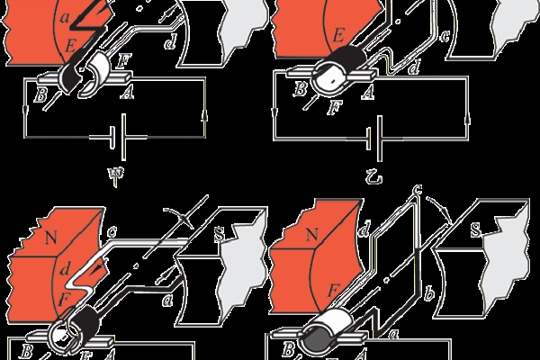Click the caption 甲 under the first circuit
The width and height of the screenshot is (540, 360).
[x=116, y=175]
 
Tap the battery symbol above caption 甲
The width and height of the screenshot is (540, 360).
[x=118, y=137]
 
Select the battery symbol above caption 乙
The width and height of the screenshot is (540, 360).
[x=374, y=139]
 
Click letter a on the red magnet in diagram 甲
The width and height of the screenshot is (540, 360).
[x=65, y=17]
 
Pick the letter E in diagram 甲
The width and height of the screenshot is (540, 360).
[x=71, y=46]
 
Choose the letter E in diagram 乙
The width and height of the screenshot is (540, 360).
[x=338, y=35]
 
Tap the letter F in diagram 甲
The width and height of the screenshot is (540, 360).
[x=123, y=61]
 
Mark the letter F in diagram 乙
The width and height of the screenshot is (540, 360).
[x=334, y=107]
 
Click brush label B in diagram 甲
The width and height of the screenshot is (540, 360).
[x=40, y=94]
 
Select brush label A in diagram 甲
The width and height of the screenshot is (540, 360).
[x=127, y=93]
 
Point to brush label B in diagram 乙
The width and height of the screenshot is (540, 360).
[x=301, y=89]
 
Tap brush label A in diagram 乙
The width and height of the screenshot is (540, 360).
[x=367, y=93]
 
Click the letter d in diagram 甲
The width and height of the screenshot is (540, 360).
[x=170, y=42]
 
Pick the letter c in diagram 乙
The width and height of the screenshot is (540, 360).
[x=445, y=36]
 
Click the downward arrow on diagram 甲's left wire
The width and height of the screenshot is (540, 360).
[x=25, y=111]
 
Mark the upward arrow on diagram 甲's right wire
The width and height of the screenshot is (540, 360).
[x=205, y=116]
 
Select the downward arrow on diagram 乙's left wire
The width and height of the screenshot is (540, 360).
[x=274, y=112]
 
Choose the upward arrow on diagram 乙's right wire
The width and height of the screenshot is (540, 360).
[x=468, y=122]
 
